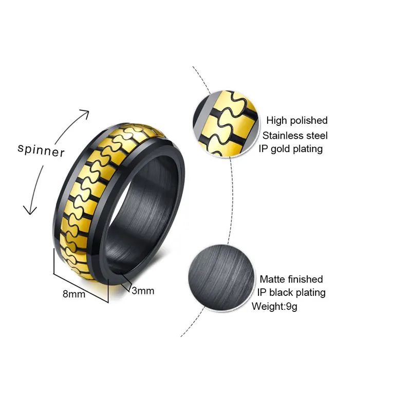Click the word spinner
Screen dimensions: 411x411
click(x=41, y=151)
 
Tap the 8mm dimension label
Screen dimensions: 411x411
click(x=74, y=294)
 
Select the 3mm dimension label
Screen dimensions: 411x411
click(x=143, y=291)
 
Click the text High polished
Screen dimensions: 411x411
click(x=296, y=121)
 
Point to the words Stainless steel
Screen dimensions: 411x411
click(x=295, y=136)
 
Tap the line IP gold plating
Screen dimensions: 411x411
click(x=291, y=149)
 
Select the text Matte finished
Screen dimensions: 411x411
click(x=291, y=279)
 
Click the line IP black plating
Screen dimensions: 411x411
click(x=291, y=293)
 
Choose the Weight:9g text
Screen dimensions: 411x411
click(x=274, y=307)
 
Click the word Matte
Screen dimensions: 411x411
click(x=272, y=279)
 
